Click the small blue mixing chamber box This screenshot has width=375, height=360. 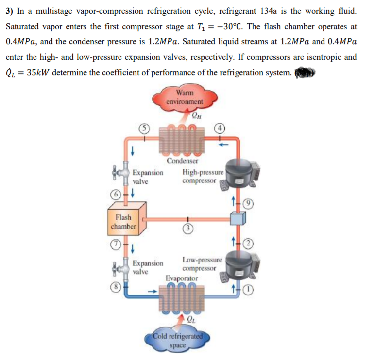[x=238, y=220]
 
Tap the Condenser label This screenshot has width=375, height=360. [x=183, y=161]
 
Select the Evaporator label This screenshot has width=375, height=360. [x=182, y=278]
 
